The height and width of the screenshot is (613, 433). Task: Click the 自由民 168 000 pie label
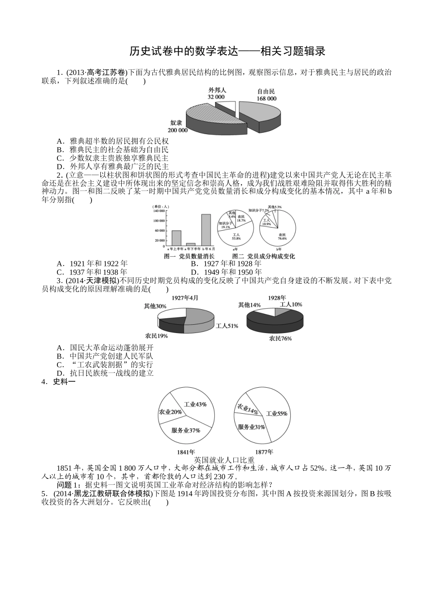266,95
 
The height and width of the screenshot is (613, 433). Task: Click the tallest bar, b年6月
206,230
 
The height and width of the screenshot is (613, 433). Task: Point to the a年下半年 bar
191,244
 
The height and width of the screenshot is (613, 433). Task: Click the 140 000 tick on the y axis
159,211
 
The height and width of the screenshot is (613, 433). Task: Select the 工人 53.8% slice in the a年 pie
236,236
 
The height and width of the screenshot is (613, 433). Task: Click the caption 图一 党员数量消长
189,256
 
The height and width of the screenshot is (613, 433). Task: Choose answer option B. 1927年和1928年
226,264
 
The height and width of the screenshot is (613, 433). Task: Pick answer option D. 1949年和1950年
226,272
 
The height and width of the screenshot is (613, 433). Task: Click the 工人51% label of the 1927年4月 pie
227,326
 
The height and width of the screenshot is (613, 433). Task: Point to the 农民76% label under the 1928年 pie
280,338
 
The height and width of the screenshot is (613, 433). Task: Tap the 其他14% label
249,305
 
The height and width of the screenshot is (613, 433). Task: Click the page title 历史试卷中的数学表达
227,51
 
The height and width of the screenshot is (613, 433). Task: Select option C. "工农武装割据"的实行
105,364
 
